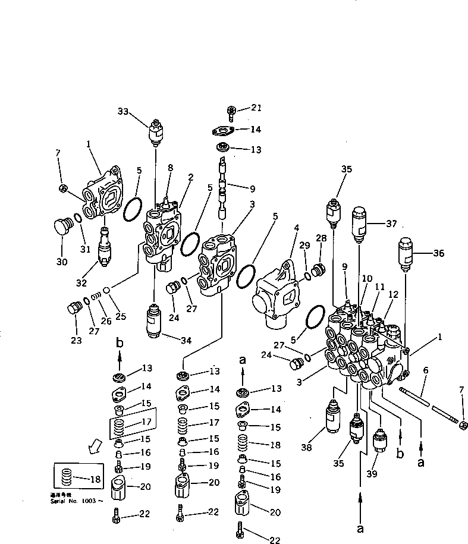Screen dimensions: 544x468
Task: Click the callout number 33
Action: click(123, 111)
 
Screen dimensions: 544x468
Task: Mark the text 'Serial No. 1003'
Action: click(77, 501)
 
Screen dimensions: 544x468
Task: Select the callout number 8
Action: click(170, 168)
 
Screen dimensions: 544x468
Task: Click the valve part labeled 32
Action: click(105, 247)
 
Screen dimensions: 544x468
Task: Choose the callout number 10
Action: click(367, 279)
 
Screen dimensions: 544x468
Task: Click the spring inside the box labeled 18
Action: click(67, 477)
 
